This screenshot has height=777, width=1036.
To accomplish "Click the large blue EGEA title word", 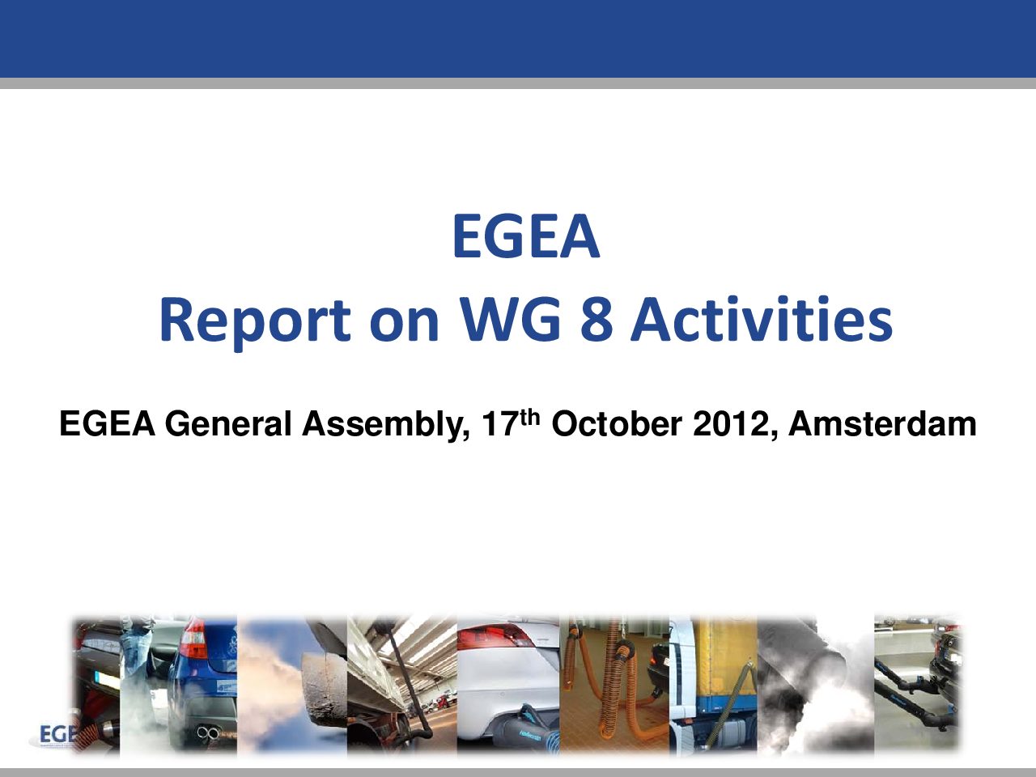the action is point(526,236).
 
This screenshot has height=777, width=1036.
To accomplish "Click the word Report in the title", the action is point(255,321).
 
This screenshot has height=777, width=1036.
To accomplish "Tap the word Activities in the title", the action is point(762,317).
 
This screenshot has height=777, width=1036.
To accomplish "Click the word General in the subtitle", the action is point(228,423).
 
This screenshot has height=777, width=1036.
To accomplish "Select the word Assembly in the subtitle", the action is point(386,426).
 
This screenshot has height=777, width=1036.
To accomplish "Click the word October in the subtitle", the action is point(617,423).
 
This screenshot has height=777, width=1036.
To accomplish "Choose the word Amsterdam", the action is point(882,423).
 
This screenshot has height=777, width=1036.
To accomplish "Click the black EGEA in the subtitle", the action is point(107,423).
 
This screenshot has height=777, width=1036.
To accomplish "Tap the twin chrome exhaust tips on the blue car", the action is point(208,733).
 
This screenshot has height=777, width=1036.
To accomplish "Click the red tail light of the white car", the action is point(495,635).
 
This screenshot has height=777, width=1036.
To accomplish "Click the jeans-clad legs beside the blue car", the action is point(137,651).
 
